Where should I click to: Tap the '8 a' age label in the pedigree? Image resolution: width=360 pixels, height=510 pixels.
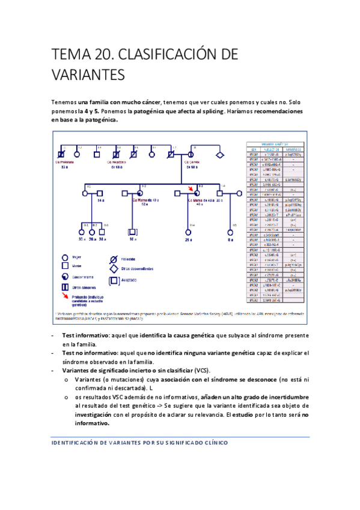point(228,239)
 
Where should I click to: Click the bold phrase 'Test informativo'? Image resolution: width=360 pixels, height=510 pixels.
point(85,335)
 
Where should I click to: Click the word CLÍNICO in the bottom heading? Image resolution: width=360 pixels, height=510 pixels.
point(212,443)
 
